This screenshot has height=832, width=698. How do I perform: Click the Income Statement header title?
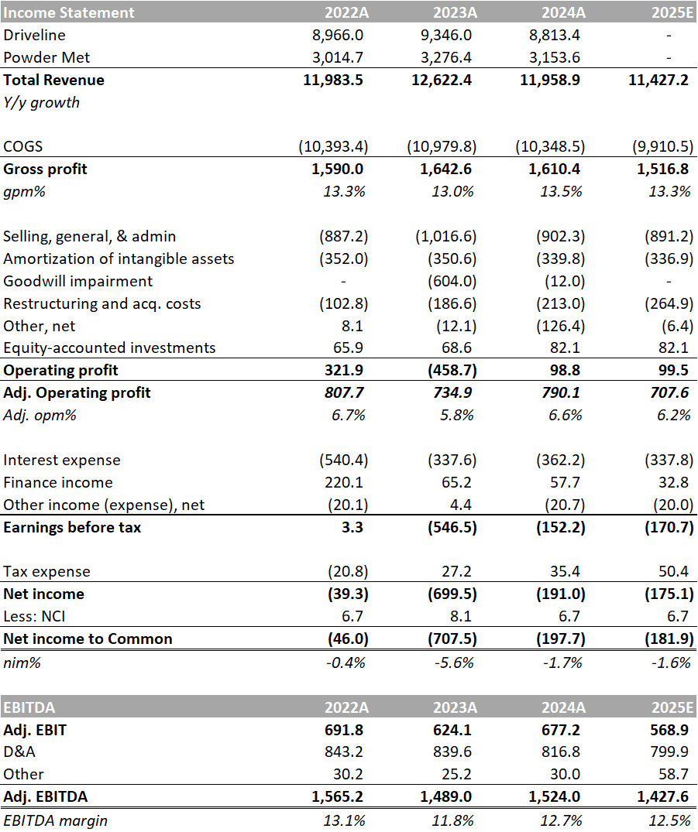[69, 12]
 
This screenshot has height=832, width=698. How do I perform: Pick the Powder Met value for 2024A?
[556, 57]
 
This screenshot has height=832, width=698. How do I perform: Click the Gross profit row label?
[46, 169]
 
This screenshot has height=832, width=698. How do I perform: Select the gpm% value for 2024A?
[562, 192]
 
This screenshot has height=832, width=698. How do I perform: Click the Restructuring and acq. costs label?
[102, 303]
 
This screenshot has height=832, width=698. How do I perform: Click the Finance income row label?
[58, 482]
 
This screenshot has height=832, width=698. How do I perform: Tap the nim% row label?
[22, 662]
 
